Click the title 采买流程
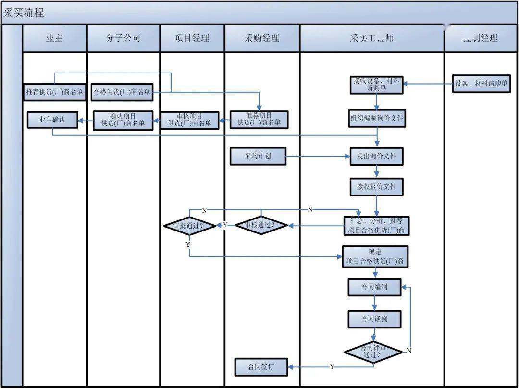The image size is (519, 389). (24, 13)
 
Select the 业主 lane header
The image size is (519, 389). (54, 38)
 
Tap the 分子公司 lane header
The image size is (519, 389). (123, 38)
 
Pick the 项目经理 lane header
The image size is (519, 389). (192, 38)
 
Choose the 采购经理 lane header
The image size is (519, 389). (262, 38)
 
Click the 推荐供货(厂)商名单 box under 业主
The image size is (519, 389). (54, 92)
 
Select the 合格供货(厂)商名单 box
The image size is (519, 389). (122, 92)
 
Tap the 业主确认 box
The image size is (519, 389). (52, 120)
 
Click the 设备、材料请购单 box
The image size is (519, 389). (482, 84)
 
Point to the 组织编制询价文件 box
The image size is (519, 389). (377, 118)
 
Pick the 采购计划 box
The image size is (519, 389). (258, 156)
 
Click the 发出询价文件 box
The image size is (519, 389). (376, 157)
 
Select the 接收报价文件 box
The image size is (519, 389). (376, 186)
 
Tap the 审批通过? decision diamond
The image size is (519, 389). (190, 225)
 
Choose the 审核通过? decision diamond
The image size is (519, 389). (261, 225)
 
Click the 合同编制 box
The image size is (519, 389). (374, 287)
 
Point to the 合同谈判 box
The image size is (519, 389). (374, 319)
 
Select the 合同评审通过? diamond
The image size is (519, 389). (373, 352)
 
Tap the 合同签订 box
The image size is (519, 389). (261, 367)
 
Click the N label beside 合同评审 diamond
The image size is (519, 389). (409, 351)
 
